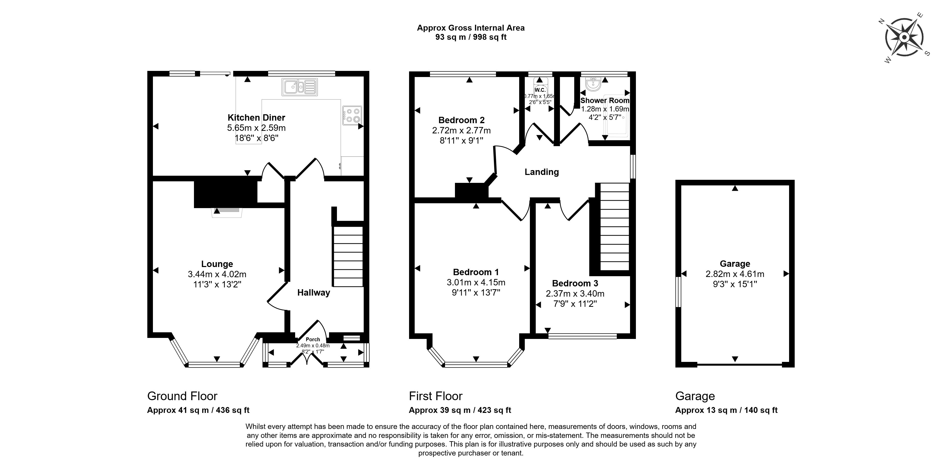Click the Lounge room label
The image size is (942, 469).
[x=217, y=264]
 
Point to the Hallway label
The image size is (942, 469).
[x=314, y=293]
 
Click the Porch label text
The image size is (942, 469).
[x=313, y=339]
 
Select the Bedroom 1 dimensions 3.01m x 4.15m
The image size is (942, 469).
[x=476, y=282]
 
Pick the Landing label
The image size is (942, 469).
[x=542, y=172]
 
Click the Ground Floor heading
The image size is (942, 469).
[x=182, y=396]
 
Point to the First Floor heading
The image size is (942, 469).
[x=436, y=396]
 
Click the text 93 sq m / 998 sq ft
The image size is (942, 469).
[x=471, y=37]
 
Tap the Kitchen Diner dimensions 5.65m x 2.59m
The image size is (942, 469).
[x=256, y=128]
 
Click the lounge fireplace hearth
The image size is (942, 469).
[x=226, y=213]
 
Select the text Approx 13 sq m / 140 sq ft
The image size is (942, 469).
[x=726, y=410]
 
